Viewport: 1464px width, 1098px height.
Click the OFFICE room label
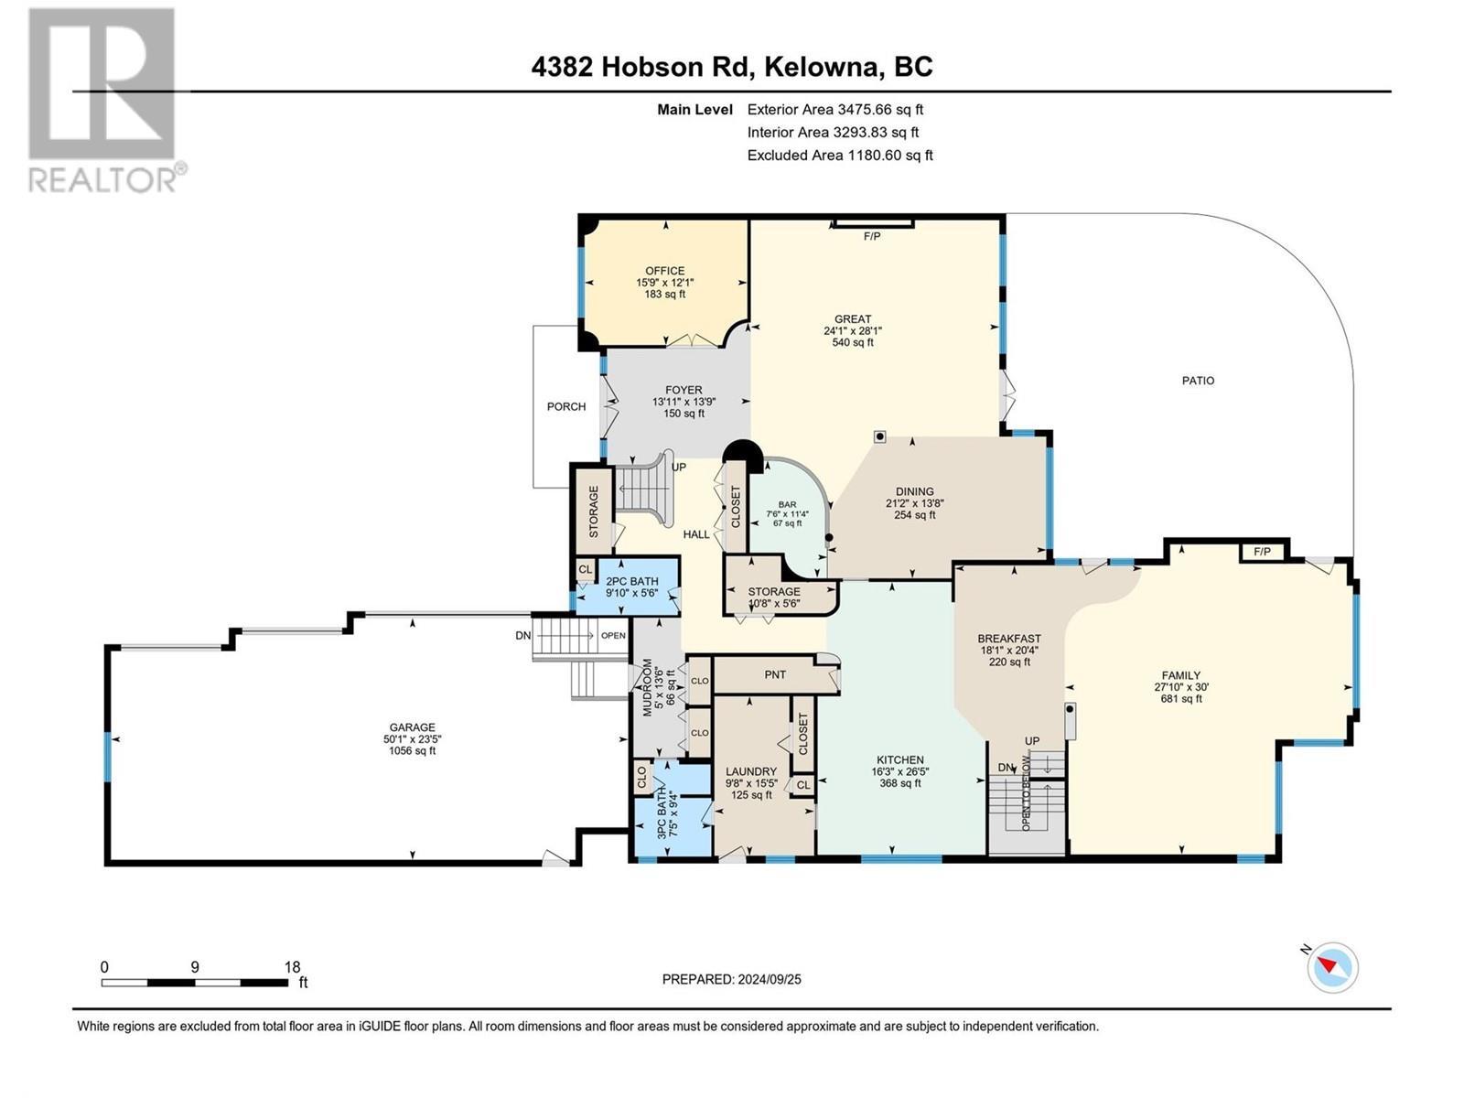(x=664, y=271)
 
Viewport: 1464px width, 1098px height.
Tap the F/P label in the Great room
(x=872, y=237)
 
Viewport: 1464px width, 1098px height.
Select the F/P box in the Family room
(x=1263, y=552)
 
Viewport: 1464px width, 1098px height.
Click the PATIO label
(x=1198, y=381)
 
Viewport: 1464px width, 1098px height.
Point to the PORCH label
(x=566, y=406)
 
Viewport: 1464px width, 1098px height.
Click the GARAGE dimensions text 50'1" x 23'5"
(x=412, y=739)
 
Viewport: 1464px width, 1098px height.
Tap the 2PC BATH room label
(x=631, y=581)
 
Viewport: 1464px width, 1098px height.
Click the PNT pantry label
(x=775, y=674)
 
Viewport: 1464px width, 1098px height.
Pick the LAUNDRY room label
(x=751, y=771)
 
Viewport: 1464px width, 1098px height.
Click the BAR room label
(x=787, y=504)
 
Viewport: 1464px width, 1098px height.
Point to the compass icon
(x=1332, y=967)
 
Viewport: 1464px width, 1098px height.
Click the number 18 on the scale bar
(x=292, y=967)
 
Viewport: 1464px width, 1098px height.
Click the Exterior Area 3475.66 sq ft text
(x=834, y=109)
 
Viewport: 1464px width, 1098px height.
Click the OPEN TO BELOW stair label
(x=1027, y=792)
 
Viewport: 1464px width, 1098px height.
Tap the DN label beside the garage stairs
(x=522, y=635)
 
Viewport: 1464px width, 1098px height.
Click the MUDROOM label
(x=647, y=686)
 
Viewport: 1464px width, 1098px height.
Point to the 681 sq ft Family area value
(x=1181, y=699)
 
